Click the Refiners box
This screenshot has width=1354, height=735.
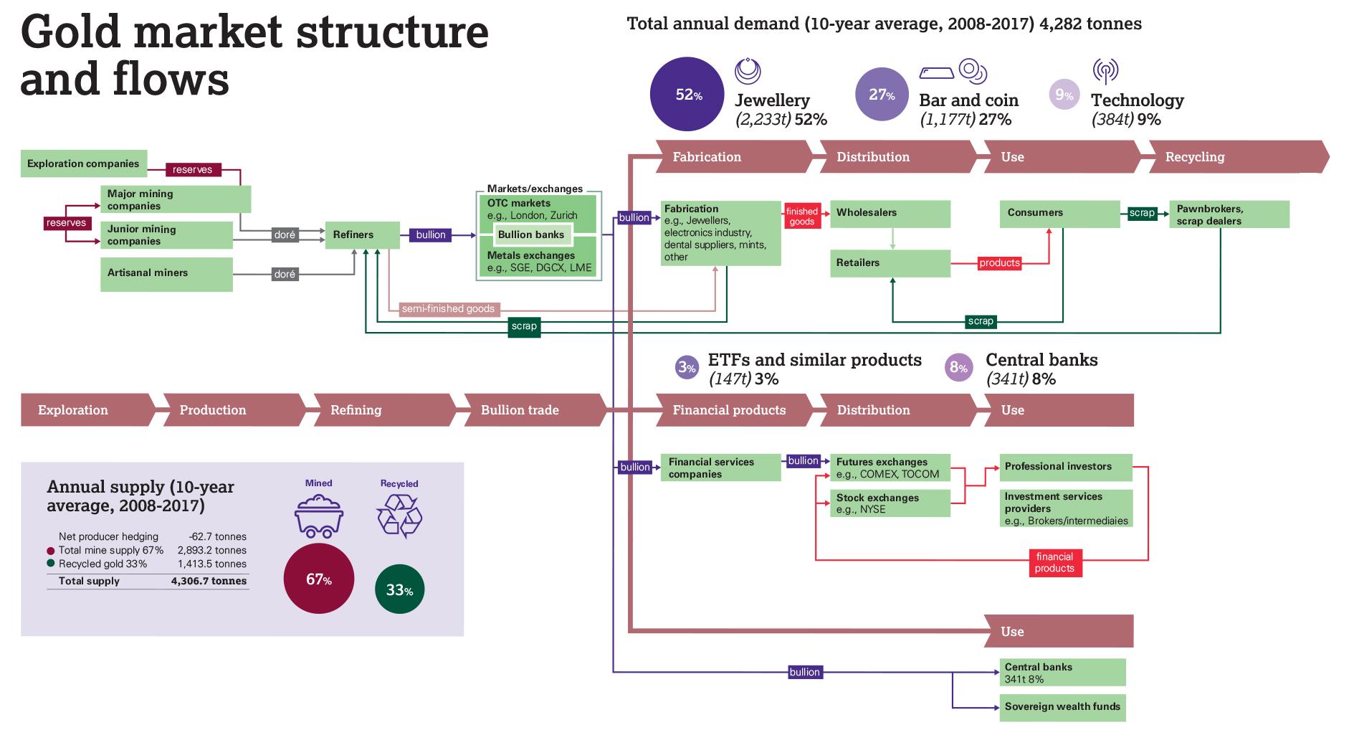click(362, 235)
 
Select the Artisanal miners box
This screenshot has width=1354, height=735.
click(166, 275)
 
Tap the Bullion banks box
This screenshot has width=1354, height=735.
click(531, 234)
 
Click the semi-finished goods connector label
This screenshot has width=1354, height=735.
click(448, 309)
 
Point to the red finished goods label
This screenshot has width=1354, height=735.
click(801, 217)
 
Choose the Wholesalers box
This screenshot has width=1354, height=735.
click(890, 214)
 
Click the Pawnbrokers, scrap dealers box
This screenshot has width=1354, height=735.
click(1229, 215)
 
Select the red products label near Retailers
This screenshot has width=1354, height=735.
click(999, 263)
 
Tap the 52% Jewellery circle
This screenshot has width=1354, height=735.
click(687, 95)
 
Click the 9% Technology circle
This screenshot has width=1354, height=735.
click(1064, 95)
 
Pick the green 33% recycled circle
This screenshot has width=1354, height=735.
click(399, 589)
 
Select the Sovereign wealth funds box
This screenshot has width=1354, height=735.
click(1062, 707)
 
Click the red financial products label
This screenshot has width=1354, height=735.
click(1054, 563)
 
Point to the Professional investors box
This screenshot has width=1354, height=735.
click(1066, 467)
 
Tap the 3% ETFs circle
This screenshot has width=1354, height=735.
click(687, 369)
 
